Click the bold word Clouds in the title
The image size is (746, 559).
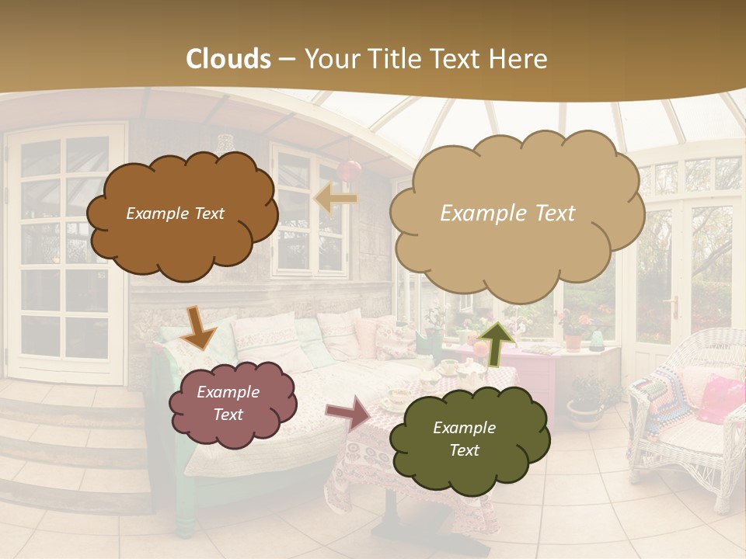coord(228,59)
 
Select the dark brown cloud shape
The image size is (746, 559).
coord(180,215)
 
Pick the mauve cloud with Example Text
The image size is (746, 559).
coord(232,404)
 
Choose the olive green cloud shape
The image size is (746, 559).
coord(467,439)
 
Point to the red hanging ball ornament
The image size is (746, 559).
coord(349,169)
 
